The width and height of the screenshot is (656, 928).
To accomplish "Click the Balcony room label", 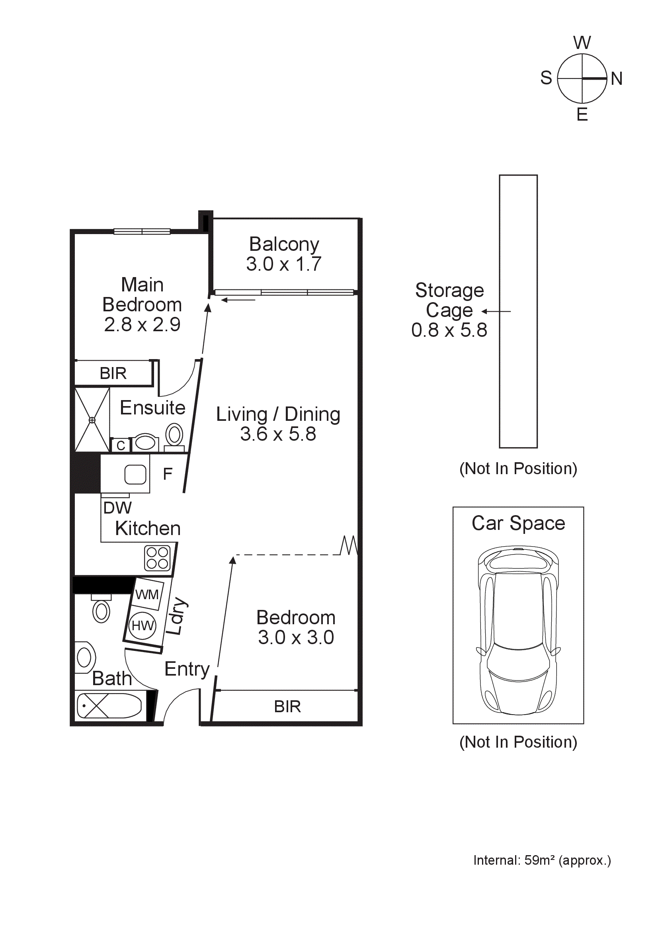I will pyautogui.click(x=284, y=244).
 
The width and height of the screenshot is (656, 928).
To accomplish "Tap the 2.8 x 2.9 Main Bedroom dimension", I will pyautogui.click(x=142, y=324).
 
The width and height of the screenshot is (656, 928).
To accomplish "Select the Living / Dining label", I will pyautogui.click(x=278, y=414).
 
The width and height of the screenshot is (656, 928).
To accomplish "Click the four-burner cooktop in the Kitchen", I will pyautogui.click(x=157, y=558).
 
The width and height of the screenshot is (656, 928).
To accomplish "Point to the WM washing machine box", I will pyautogui.click(x=147, y=594).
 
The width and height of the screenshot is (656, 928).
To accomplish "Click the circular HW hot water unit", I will pyautogui.click(x=142, y=625).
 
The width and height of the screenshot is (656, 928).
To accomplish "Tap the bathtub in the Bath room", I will pyautogui.click(x=109, y=706).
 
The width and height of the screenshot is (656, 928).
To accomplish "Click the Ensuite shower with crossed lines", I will pyautogui.click(x=92, y=420).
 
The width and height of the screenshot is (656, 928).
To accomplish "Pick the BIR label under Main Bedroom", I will pyautogui.click(x=113, y=373).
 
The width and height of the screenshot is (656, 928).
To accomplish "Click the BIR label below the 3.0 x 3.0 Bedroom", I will pyautogui.click(x=287, y=707).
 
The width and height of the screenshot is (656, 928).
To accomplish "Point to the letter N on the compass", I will pyautogui.click(x=616, y=78).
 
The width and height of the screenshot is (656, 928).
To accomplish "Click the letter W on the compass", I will pyautogui.click(x=582, y=43).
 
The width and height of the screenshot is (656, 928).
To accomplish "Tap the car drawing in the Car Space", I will pyautogui.click(x=518, y=630).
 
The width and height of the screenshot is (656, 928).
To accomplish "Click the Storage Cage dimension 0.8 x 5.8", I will pyautogui.click(x=449, y=330).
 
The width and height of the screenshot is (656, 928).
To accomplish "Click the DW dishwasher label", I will pyautogui.click(x=117, y=508).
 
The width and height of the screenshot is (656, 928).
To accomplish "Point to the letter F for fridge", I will pyautogui.click(x=168, y=474).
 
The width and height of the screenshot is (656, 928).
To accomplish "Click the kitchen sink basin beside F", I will pyautogui.click(x=135, y=474).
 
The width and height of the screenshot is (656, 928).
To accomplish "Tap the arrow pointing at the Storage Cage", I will pyautogui.click(x=496, y=311).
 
